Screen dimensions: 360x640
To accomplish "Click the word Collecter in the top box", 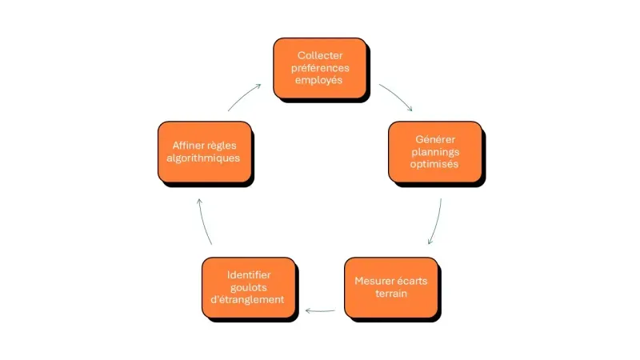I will point(320,55).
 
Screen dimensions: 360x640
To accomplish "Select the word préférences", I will point(320,67).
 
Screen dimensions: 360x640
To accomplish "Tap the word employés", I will point(320,80).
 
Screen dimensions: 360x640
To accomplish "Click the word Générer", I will point(435,139).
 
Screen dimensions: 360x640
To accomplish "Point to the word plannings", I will point(435,152).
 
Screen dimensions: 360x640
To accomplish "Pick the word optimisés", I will point(435,165).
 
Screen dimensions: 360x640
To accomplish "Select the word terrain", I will point(391,294).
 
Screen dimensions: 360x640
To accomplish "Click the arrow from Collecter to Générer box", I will point(396,96).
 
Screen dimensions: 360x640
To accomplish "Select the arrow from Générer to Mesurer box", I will point(437,222).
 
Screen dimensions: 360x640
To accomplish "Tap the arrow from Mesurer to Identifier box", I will point(322,310).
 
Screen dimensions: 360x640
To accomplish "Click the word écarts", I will point(409,281).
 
